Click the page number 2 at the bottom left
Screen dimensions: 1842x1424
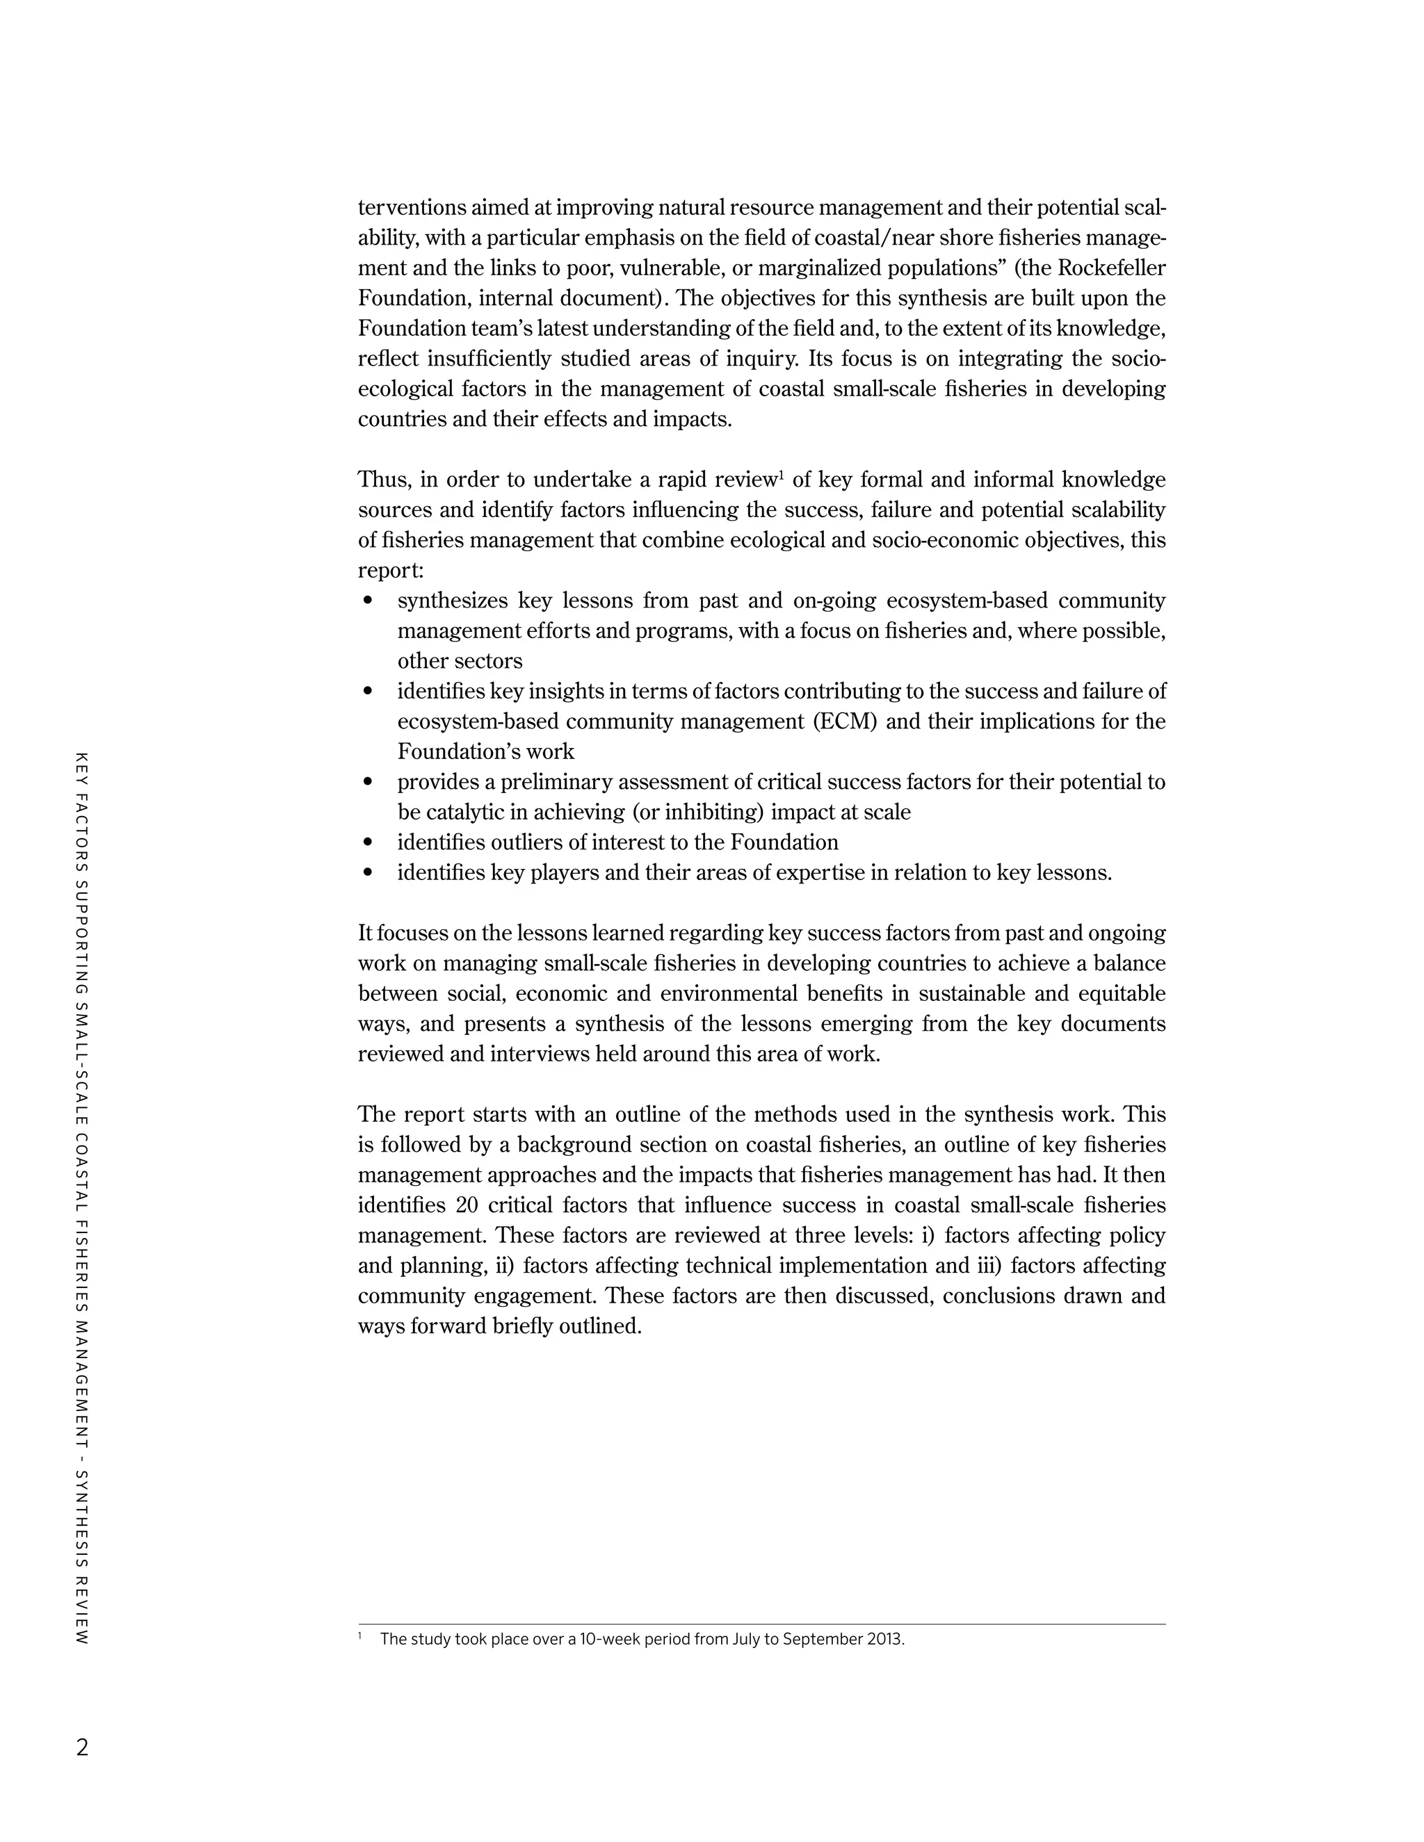[82, 1747]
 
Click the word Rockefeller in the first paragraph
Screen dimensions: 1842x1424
[1111, 268]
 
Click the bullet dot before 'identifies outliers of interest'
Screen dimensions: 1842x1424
[367, 842]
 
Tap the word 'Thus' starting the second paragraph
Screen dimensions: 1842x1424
[383, 480]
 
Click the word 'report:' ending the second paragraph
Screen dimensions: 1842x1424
[391, 571]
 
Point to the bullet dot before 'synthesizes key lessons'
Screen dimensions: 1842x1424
[367, 601]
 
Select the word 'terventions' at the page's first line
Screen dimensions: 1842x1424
[411, 207]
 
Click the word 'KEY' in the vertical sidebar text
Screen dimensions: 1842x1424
[82, 767]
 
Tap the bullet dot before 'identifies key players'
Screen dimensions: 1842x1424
[367, 873]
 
